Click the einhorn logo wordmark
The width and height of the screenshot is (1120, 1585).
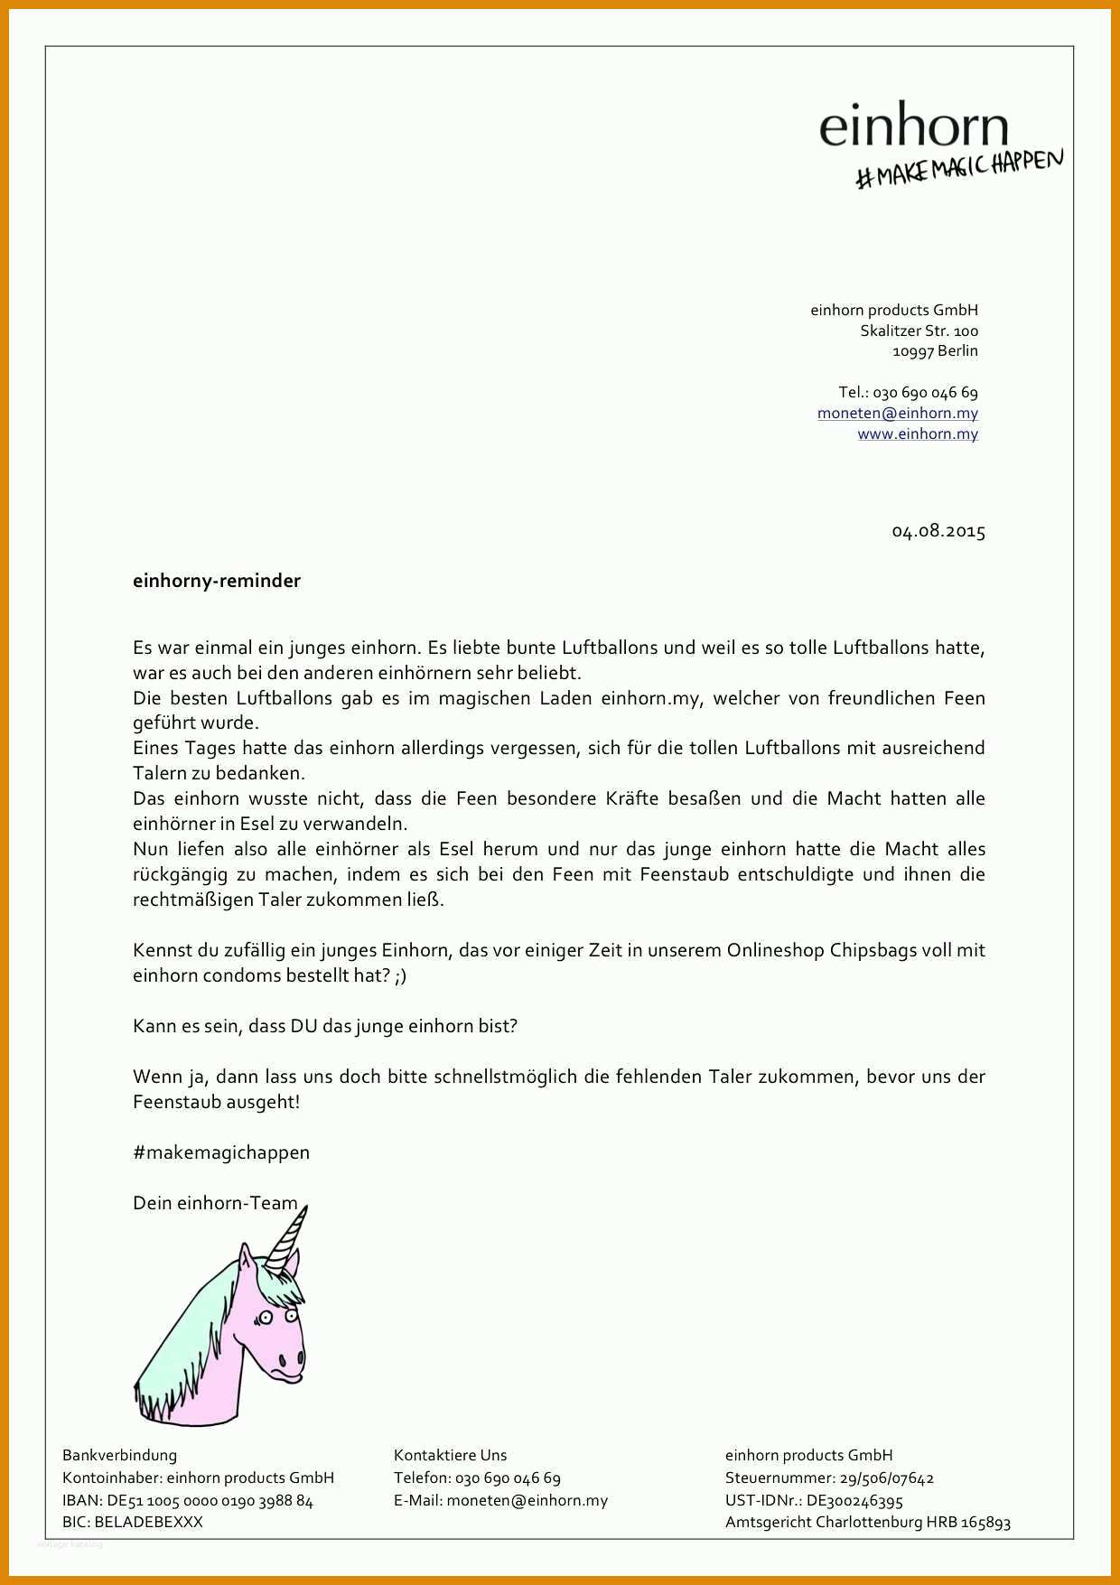(x=913, y=128)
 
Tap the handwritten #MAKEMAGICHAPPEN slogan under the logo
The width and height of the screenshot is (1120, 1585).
(x=959, y=168)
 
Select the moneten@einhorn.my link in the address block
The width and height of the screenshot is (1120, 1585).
(x=897, y=413)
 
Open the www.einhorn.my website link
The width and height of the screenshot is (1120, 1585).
(x=918, y=434)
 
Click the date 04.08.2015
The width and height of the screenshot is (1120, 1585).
(x=938, y=531)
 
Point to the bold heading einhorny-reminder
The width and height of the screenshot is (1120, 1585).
(x=217, y=581)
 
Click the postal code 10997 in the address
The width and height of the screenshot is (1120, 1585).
(x=912, y=351)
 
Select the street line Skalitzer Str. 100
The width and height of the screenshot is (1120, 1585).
(x=919, y=331)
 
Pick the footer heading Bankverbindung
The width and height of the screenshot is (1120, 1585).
(x=119, y=1455)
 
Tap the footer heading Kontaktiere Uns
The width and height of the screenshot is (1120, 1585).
(x=450, y=1455)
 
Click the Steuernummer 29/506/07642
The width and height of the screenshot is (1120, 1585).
(x=886, y=1478)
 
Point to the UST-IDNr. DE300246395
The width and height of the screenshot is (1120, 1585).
(x=854, y=1501)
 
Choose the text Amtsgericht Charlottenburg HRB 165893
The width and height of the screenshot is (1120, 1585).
(x=867, y=1522)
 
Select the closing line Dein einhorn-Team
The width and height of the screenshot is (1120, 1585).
(x=215, y=1203)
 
